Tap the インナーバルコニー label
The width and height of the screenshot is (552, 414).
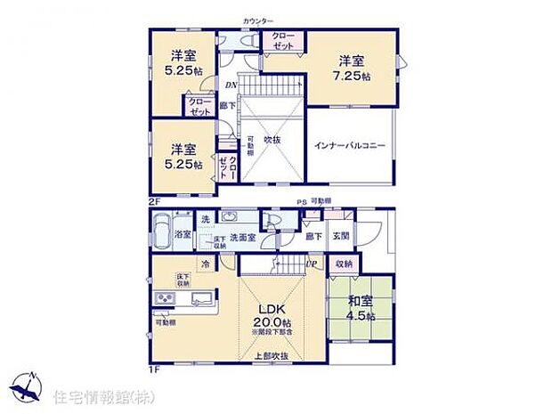(x=349, y=146)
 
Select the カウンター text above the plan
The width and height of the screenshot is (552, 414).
(x=258, y=20)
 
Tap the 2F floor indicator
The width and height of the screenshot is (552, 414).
(x=153, y=202)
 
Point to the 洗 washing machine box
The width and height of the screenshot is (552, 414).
(x=204, y=220)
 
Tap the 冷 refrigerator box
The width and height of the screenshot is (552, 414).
(x=204, y=264)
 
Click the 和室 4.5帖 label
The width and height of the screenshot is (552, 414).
(x=360, y=308)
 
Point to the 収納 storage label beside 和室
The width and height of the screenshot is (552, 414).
(x=344, y=264)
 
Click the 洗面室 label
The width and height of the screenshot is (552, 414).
(x=242, y=238)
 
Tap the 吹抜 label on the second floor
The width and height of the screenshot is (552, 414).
(x=272, y=140)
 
